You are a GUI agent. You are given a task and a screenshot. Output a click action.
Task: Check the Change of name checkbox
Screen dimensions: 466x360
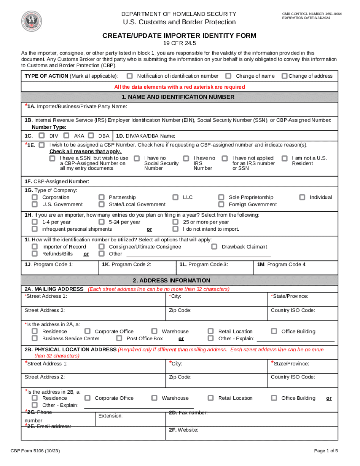coord(228,76)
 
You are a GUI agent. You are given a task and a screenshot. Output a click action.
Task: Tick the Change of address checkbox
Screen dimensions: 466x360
coord(284,76)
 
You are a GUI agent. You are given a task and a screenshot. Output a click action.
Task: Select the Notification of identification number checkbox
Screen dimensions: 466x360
coord(130,76)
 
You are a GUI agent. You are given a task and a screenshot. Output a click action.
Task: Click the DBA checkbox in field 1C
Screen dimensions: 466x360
coord(91,136)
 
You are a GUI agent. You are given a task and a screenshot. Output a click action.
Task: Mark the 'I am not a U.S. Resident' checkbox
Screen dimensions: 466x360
coord(285,158)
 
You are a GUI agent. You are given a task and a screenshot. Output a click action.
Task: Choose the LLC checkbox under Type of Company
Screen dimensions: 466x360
coord(175,197)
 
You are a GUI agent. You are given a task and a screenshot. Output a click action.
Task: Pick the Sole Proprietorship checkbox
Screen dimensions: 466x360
coord(221,197)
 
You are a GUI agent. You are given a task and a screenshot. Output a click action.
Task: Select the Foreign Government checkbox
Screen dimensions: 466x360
coord(221,205)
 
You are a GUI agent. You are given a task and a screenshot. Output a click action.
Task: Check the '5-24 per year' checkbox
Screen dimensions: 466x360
coord(102,222)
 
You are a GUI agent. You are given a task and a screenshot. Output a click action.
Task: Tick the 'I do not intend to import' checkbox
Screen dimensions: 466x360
coord(175,229)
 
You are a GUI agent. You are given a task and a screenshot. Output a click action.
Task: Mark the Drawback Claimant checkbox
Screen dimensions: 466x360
coord(214,247)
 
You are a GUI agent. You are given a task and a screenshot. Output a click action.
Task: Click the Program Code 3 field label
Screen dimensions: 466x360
coord(203,264)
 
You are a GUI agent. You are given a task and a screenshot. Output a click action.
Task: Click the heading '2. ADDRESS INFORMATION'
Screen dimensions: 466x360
coord(171,280)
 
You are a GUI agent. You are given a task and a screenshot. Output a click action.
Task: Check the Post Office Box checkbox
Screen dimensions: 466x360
coord(119,338)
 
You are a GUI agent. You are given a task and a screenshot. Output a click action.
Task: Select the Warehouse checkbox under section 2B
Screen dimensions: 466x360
coord(154,398)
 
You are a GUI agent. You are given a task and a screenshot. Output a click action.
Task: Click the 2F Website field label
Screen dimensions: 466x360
coord(184,430)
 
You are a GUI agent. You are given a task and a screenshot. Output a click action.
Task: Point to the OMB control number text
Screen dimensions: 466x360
coord(311,14)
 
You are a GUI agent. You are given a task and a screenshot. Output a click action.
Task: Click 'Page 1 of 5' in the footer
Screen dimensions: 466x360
coord(326,451)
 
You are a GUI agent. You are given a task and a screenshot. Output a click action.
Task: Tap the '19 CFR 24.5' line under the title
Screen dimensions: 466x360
coord(179,43)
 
